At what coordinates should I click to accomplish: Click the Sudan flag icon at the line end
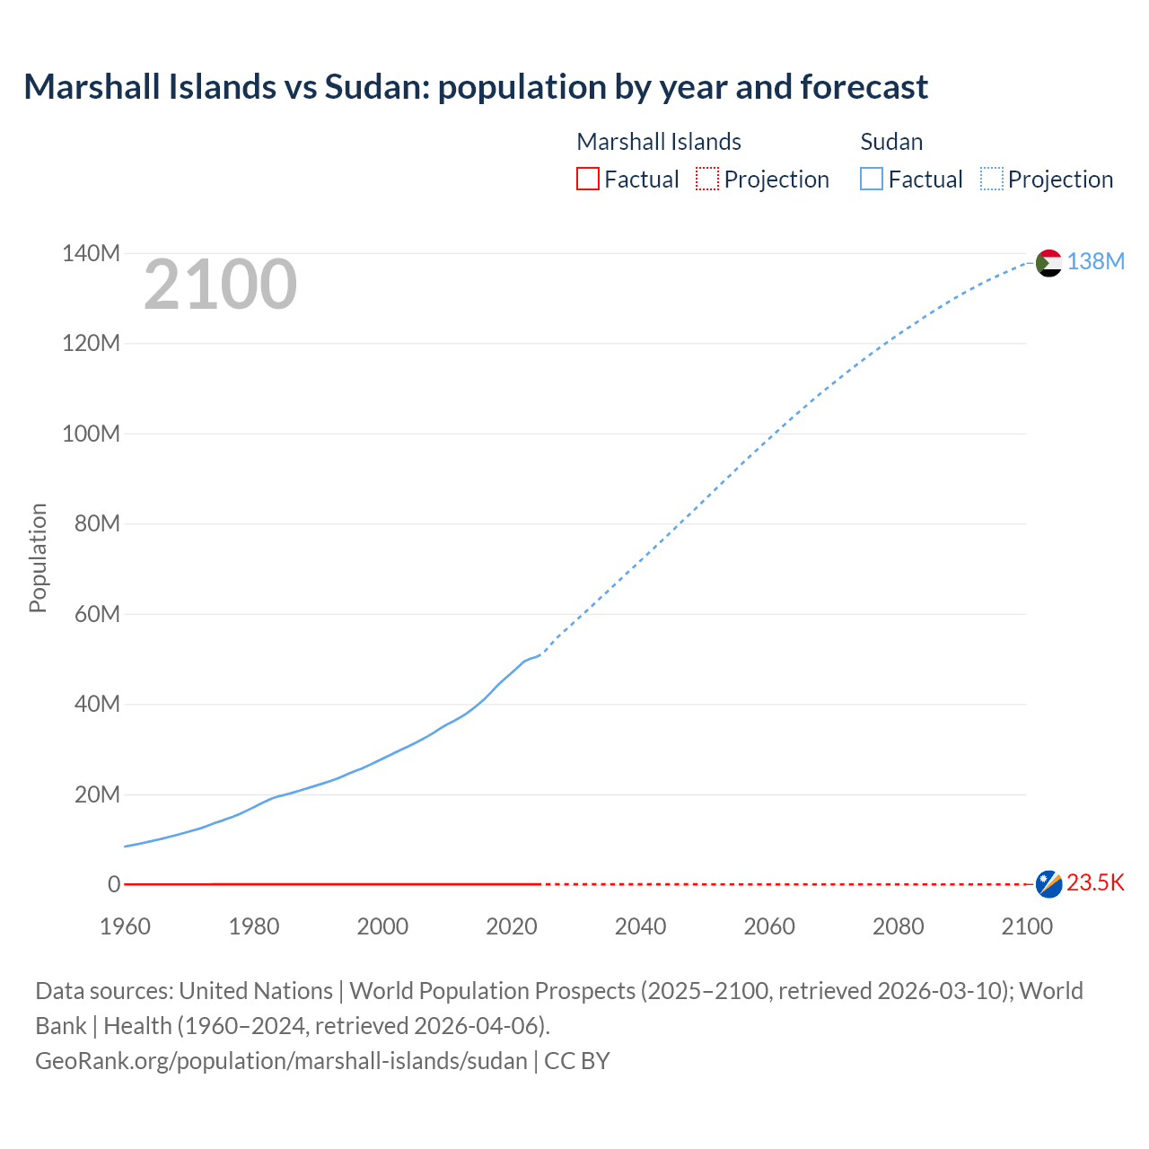[x=1048, y=263]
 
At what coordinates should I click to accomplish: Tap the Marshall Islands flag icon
[x=1048, y=884]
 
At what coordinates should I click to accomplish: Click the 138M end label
[x=1095, y=261]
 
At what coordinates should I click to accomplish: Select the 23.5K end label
[x=1095, y=883]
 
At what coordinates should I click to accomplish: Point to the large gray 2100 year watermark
[x=220, y=285]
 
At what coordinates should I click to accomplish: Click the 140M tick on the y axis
[x=91, y=254]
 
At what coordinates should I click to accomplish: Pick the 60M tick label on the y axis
[x=97, y=615]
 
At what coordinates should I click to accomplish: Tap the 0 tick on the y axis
[x=113, y=885]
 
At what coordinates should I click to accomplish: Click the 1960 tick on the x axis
[x=125, y=926]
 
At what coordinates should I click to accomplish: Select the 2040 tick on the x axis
[x=640, y=926]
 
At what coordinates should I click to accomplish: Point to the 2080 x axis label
[x=898, y=926]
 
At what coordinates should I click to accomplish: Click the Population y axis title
[x=38, y=557]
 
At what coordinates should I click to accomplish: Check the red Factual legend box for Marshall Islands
[x=587, y=179]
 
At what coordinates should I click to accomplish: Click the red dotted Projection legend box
[x=707, y=179]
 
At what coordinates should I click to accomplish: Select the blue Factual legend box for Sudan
[x=871, y=179]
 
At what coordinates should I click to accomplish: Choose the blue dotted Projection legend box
[x=991, y=179]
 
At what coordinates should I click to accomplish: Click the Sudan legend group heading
[x=891, y=142]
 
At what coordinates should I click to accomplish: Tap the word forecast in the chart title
[x=864, y=87]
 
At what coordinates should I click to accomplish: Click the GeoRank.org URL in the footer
[x=281, y=1061]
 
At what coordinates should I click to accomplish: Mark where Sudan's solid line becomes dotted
[x=539, y=654]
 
